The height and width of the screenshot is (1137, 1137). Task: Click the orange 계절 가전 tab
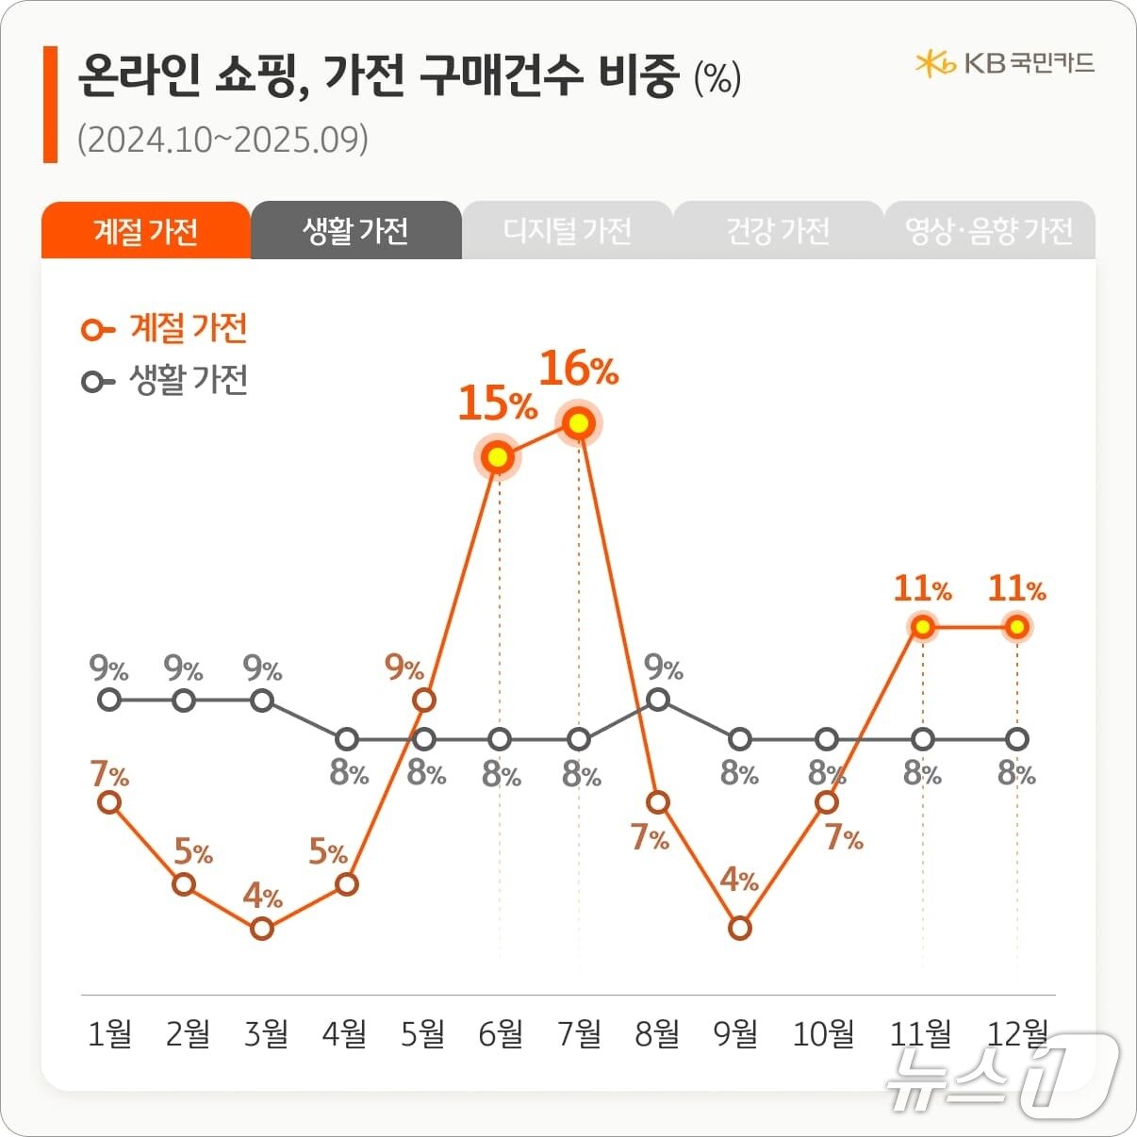[145, 231]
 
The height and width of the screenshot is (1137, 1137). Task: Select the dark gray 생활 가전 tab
[355, 231]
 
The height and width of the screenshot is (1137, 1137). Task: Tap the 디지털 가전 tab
[567, 231]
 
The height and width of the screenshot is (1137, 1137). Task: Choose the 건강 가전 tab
[778, 231]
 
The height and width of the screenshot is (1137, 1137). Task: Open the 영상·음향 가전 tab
[989, 231]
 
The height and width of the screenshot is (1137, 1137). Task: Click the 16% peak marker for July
[579, 424]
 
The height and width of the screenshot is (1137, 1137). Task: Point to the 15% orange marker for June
[499, 458]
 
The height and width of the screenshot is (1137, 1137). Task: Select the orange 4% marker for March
[263, 929]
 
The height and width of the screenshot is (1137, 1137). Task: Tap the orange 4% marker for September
[740, 929]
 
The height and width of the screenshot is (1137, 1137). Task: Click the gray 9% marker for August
[659, 700]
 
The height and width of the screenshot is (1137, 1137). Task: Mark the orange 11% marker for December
[1016, 627]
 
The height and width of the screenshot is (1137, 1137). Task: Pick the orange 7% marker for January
[109, 802]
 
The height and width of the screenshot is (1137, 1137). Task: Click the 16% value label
[578, 370]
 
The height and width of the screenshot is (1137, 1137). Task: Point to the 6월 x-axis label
[501, 1034]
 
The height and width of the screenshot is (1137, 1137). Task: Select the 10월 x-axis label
[823, 1034]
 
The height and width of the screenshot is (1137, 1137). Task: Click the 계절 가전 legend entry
[165, 329]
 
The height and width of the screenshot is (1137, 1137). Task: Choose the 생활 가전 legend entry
[165, 381]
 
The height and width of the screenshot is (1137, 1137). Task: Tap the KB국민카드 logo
[1004, 63]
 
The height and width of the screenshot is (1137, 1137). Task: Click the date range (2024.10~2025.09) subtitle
[222, 140]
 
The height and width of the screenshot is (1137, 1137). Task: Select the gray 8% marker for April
[347, 738]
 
